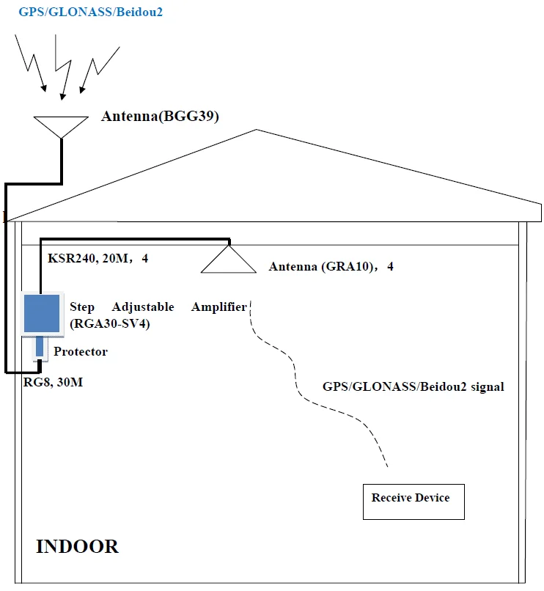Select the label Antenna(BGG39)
[160, 116]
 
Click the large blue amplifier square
[43, 312]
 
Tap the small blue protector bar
[40, 346]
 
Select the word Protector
[81, 352]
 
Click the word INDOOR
[77, 547]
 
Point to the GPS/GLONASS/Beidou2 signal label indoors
[413, 386]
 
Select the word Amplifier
[219, 307]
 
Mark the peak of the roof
[256, 131]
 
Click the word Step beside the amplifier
[82, 307]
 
